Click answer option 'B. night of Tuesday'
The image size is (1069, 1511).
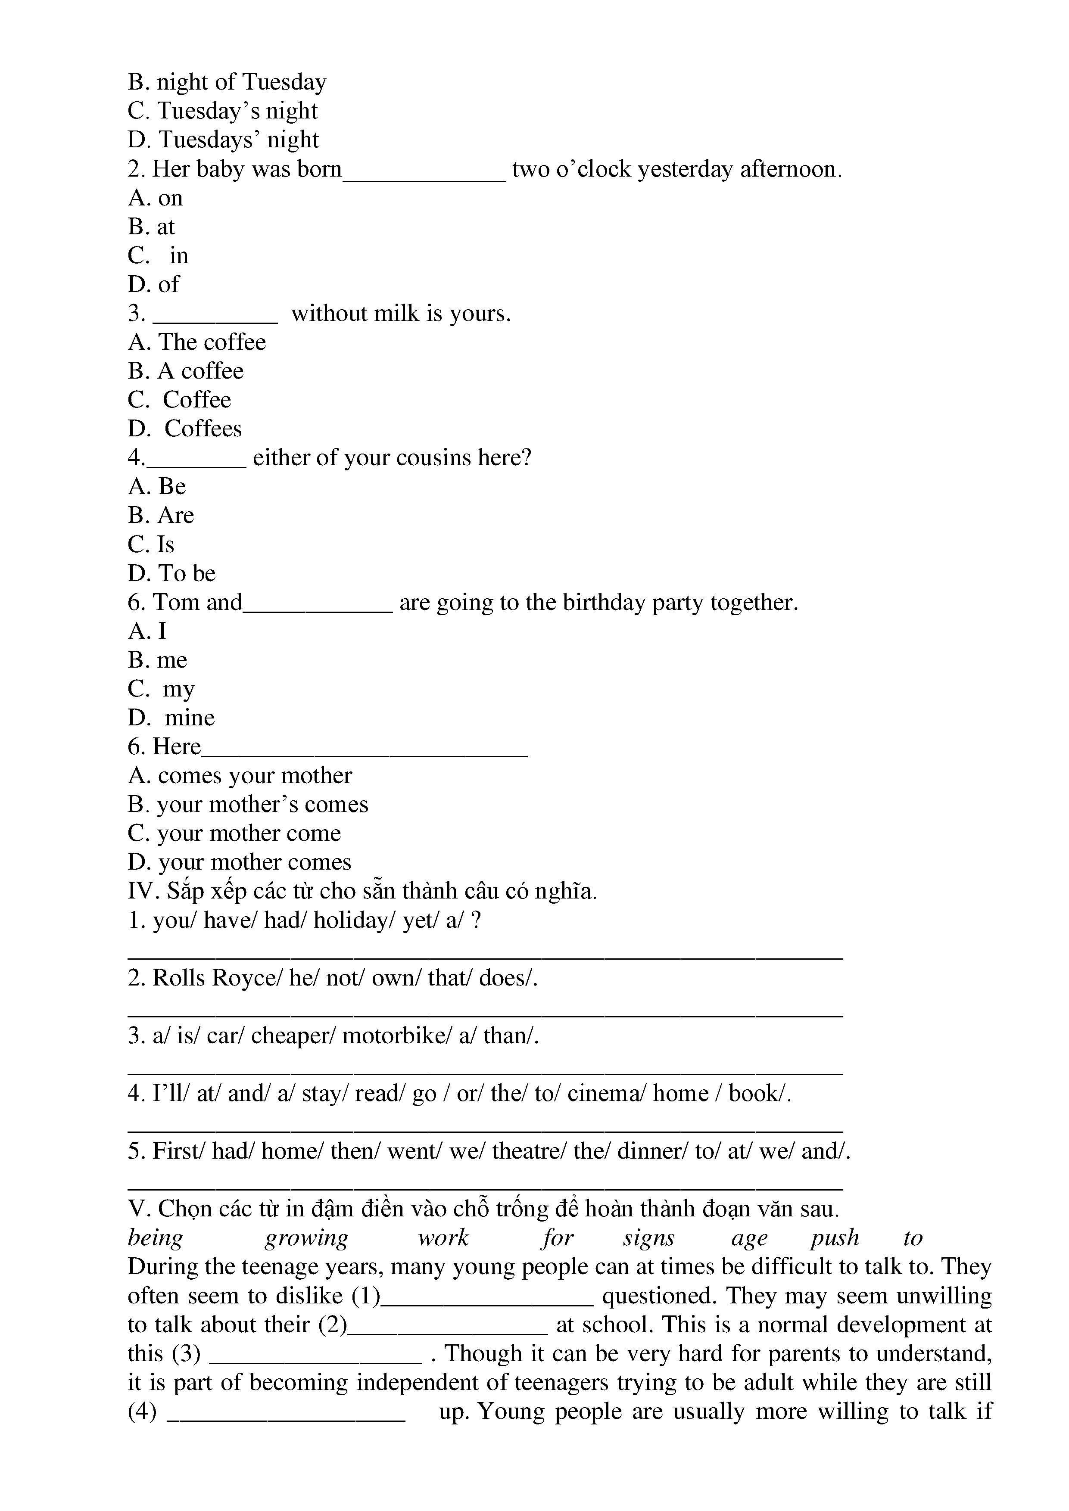pos(227,82)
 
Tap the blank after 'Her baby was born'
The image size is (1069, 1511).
pos(424,171)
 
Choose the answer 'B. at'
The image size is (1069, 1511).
pos(151,227)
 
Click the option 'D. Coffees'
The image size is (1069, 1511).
pos(184,429)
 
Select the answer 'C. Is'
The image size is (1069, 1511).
pos(151,545)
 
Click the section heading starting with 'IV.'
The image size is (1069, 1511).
pos(362,892)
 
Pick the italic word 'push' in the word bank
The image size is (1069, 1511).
pos(834,1238)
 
